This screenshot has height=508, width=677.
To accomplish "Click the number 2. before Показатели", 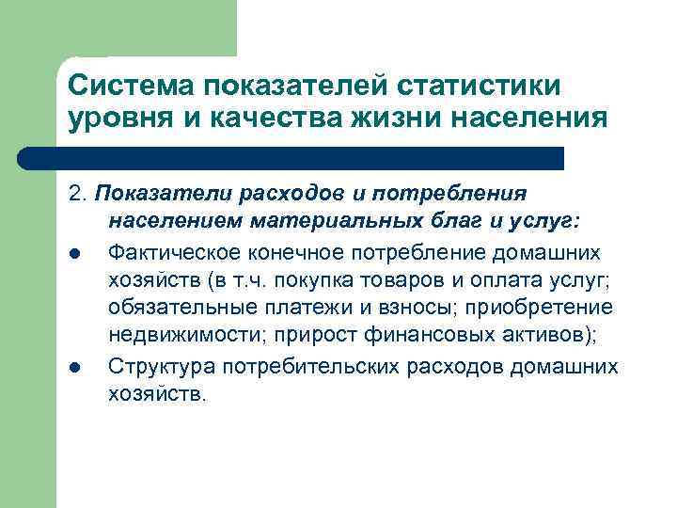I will point(76,193).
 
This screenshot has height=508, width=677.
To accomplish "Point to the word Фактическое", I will point(175,251).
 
